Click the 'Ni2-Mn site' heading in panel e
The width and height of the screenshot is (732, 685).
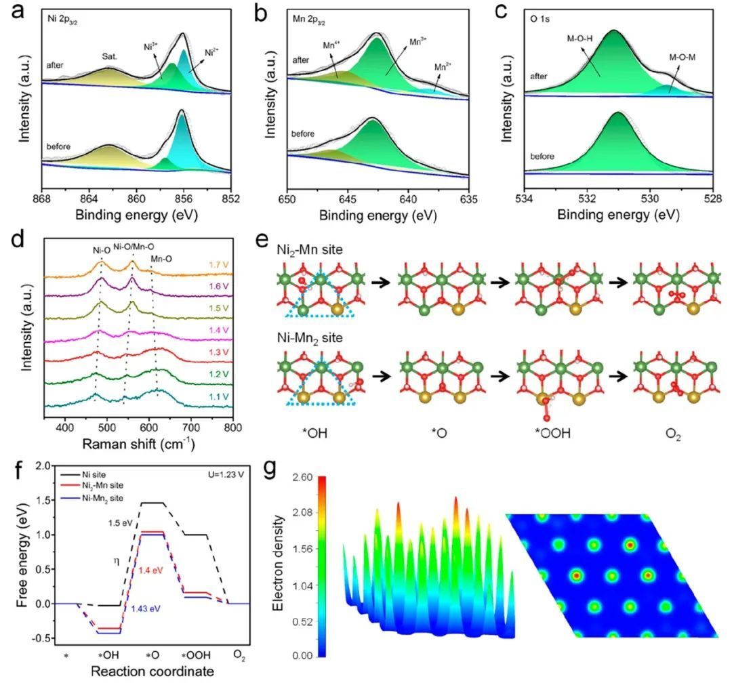click(x=304, y=249)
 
